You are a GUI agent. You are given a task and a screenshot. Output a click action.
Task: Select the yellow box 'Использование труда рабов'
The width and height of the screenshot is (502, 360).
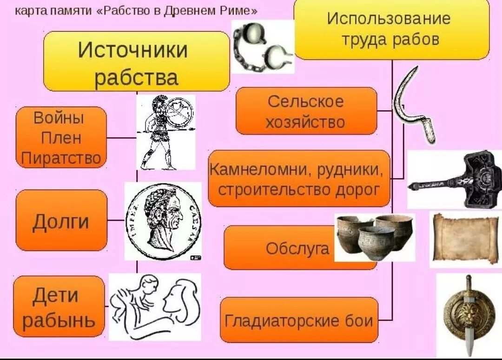coord(391,29)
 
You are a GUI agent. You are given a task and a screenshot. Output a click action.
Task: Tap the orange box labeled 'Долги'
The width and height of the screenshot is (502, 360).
coord(61,220)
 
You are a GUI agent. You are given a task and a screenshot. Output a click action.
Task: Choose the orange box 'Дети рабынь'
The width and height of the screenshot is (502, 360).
coord(59,307)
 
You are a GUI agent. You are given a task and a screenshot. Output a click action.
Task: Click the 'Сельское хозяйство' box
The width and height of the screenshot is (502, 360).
coord(306,112)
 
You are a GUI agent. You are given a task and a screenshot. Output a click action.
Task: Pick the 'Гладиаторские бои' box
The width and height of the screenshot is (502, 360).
coord(299,320)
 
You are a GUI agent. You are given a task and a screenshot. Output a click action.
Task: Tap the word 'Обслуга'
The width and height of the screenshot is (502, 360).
coord(297,248)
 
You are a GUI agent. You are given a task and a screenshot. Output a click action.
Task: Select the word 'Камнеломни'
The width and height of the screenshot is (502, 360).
coord(261,169)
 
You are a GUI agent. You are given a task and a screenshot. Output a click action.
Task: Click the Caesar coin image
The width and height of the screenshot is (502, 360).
coord(163,221)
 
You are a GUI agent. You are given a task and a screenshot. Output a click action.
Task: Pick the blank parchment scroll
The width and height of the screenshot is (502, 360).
coord(465,240)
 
